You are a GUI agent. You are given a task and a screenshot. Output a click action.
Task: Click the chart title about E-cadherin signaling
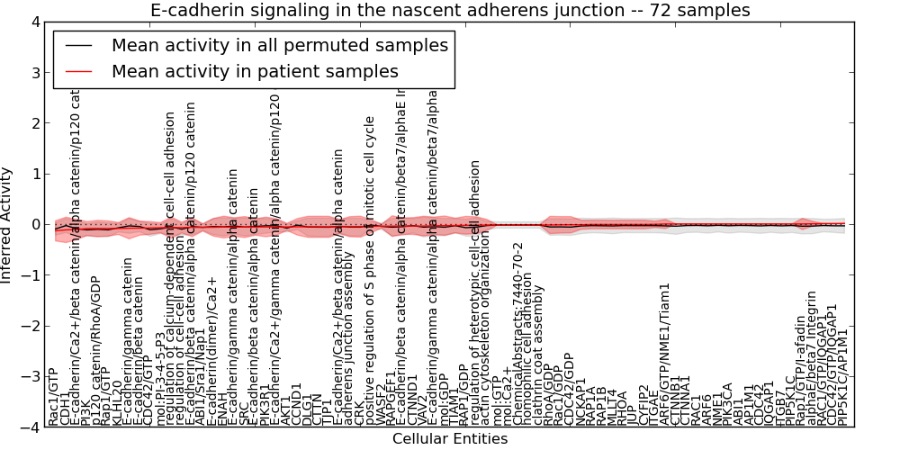click(x=449, y=10)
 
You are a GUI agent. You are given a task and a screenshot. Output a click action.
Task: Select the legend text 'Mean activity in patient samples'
click(x=255, y=71)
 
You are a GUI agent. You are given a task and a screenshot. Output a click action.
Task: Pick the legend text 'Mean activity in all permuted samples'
click(x=280, y=45)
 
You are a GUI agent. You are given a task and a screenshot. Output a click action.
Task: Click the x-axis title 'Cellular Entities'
click(x=449, y=439)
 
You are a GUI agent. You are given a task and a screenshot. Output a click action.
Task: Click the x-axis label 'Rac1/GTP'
click(x=53, y=396)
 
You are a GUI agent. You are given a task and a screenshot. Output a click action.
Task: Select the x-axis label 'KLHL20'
click(x=116, y=401)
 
